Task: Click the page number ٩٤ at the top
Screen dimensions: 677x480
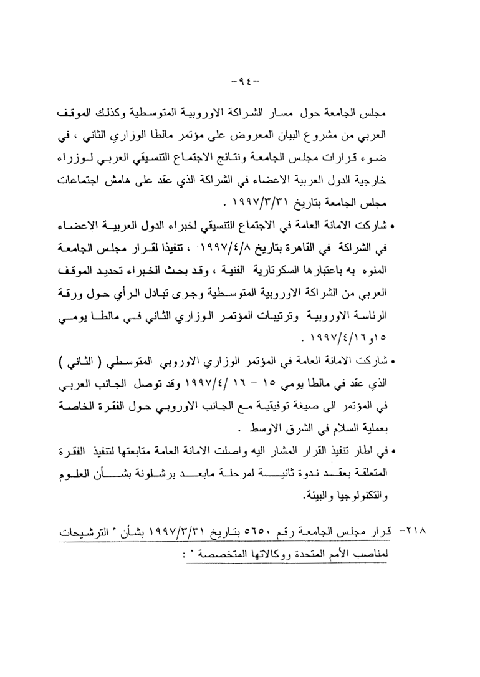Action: click(240, 80)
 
